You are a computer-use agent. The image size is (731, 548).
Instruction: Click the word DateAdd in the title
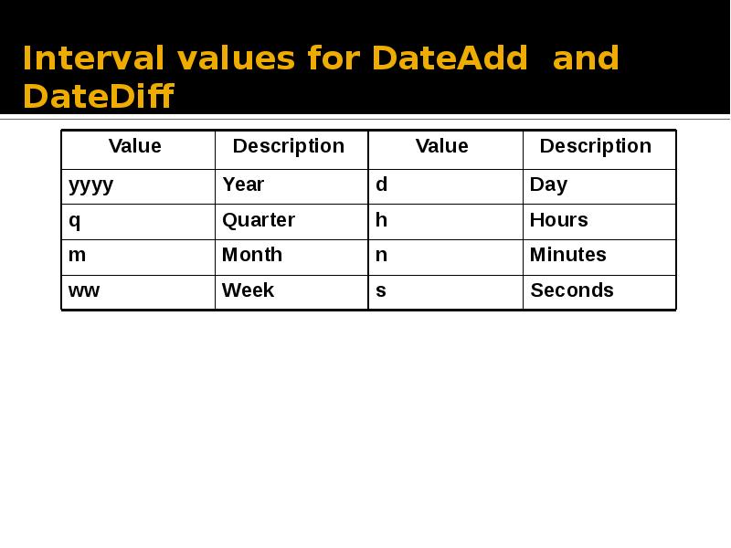click(x=450, y=58)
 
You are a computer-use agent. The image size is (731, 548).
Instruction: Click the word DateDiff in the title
click(x=98, y=95)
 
